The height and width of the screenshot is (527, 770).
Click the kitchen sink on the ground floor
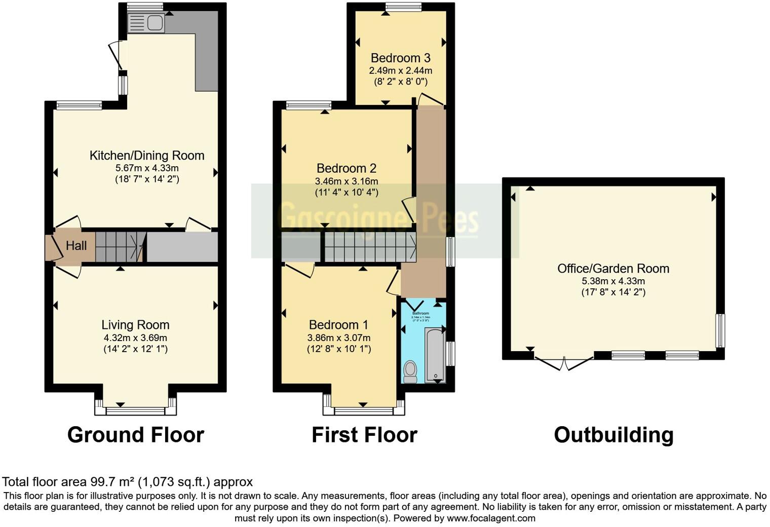point(145,23)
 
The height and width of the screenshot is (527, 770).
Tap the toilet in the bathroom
point(410,371)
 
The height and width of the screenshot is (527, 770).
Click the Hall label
point(76,246)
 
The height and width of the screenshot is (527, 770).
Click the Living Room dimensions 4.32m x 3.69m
point(135,337)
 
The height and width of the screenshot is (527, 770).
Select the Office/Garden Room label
point(613,269)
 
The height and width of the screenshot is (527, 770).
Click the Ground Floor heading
point(135,435)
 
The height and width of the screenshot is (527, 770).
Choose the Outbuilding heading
point(613,435)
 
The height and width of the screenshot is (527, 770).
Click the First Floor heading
point(364,435)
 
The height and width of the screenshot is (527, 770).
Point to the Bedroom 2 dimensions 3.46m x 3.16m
point(346,181)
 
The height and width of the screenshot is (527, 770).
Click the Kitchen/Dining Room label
point(147,156)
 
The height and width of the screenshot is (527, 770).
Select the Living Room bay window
point(135,409)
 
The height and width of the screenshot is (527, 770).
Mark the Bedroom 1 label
point(338,325)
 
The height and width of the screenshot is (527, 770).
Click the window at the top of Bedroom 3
point(403,7)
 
